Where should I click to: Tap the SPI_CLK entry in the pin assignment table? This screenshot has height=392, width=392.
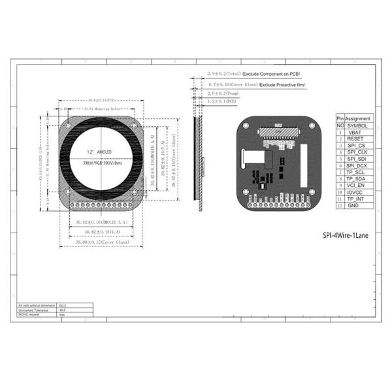pos(357,152)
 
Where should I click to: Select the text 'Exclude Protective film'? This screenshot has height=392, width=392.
pos(282,85)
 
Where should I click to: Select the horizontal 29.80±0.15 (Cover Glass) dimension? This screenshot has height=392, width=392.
pos(101,242)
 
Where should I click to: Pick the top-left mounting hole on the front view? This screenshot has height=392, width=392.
pos(68,125)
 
